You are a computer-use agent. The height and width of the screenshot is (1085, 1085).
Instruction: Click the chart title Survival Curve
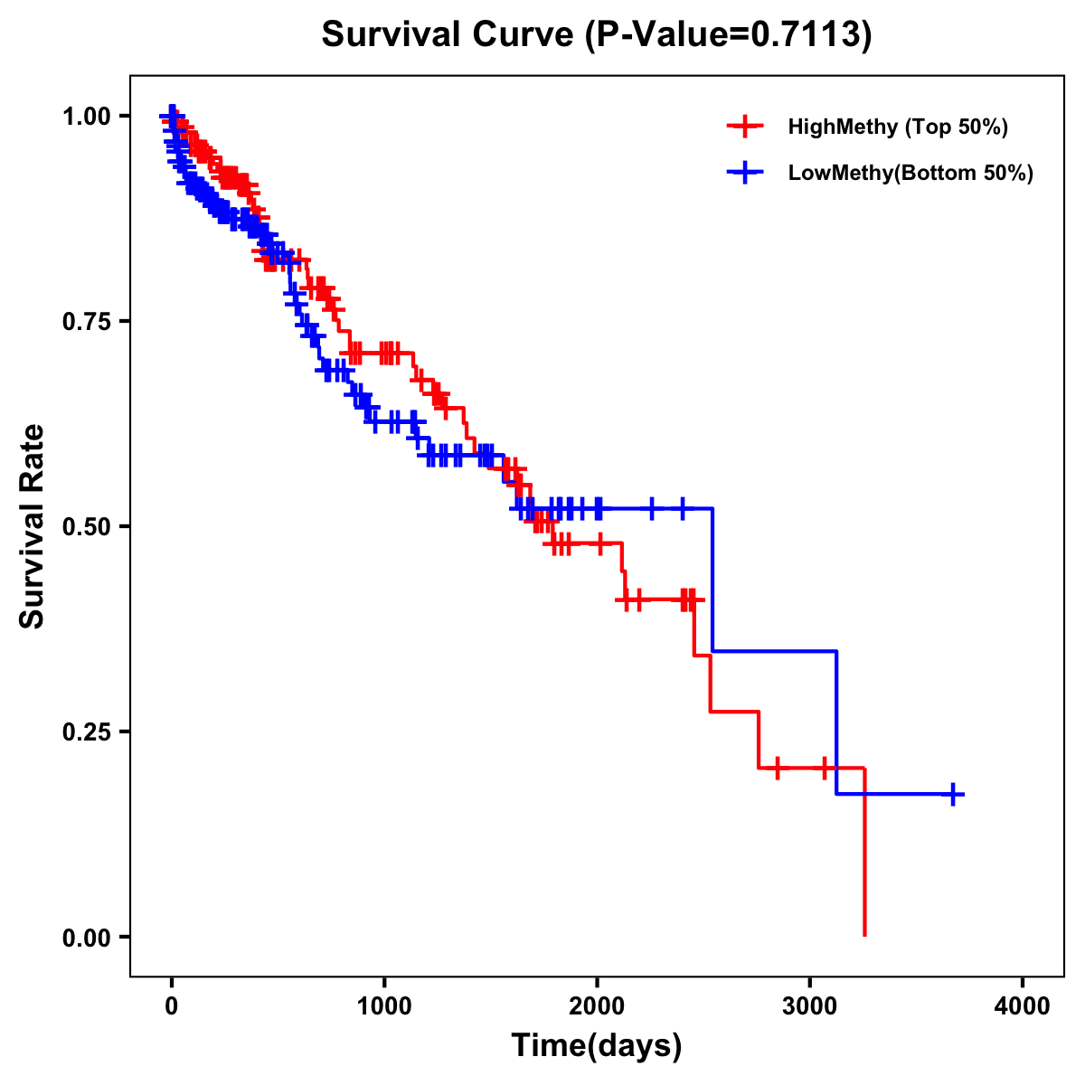(448, 35)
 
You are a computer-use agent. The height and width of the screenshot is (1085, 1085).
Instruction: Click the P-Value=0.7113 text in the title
(728, 35)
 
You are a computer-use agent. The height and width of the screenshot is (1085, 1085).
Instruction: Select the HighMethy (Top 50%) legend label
(897, 127)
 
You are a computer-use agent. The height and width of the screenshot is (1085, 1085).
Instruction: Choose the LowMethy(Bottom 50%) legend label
(910, 173)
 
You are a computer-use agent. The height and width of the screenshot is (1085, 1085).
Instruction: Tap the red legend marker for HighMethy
(745, 127)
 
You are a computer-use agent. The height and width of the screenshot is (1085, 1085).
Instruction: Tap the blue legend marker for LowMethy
(745, 173)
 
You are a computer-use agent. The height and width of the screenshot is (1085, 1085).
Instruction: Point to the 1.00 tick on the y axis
(85, 116)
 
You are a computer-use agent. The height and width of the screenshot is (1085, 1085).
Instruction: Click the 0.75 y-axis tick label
(85, 321)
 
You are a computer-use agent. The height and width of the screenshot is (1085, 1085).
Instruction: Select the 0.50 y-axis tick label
(85, 526)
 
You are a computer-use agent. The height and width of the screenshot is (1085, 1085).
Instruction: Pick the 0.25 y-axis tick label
(85, 731)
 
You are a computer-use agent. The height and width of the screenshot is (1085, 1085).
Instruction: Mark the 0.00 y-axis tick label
(85, 937)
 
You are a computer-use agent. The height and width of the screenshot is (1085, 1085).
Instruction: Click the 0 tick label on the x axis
(172, 1006)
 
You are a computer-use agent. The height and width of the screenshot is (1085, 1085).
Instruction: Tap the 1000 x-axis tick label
(384, 1006)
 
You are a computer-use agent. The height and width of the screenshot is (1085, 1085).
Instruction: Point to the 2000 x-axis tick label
(597, 1006)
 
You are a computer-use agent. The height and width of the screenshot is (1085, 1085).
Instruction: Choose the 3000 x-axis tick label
(810, 1006)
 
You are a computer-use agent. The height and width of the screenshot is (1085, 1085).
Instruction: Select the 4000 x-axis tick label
(1023, 1006)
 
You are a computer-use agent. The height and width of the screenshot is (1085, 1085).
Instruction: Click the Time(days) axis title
(597, 1046)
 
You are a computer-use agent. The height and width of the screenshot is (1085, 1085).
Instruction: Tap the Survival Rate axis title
(33, 526)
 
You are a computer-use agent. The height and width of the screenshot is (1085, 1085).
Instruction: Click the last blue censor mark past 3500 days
(953, 794)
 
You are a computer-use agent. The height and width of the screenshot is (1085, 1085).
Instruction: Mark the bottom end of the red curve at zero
(864, 935)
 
